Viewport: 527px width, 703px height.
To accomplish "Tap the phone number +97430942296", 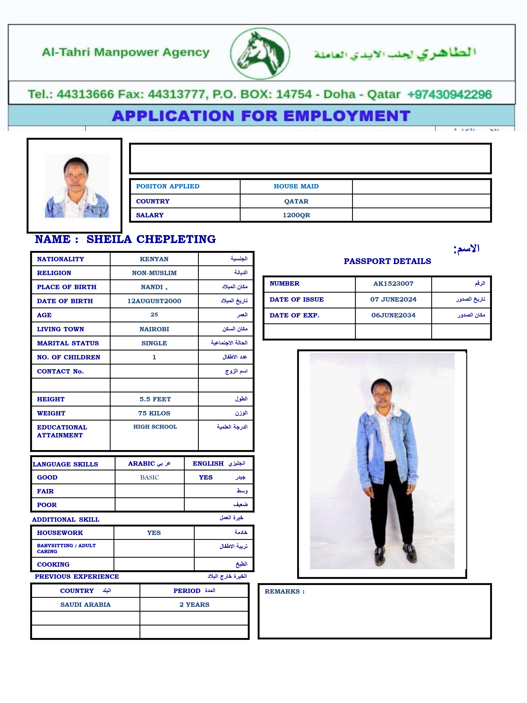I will coord(449,94).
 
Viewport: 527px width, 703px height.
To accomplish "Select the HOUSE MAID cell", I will coord(296,187).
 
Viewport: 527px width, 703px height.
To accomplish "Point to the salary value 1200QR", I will coord(296,215).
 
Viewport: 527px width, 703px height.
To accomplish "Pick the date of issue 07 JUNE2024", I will coord(393,299).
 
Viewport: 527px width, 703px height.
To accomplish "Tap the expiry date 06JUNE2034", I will coord(393,315).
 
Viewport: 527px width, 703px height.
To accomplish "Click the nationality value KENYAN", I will coord(154,259).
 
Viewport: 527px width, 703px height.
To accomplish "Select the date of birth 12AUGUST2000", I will coord(154,301).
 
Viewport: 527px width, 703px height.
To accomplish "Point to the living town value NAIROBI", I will coord(154,329).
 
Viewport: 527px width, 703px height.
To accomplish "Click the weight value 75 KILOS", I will coord(154,413).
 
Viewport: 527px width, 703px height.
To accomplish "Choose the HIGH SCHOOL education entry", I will coord(155,427).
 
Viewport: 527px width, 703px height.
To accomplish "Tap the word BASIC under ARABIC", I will coord(150,477).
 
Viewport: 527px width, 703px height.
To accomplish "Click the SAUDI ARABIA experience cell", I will coord(85,604).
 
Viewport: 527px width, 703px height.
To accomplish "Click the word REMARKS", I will coord(282,591).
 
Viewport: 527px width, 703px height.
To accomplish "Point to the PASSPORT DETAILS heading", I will coord(387,261).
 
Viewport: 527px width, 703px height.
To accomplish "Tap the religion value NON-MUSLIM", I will coord(154,273).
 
